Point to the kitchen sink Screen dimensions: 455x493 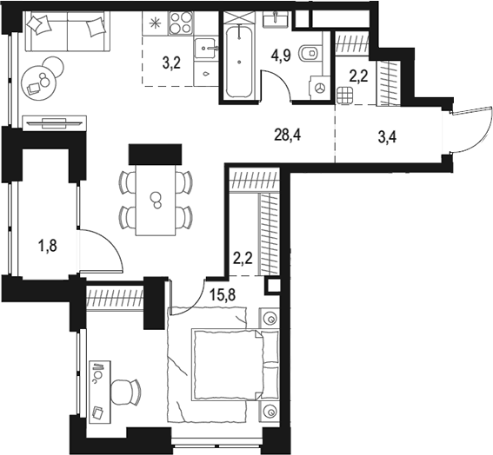point(206,48)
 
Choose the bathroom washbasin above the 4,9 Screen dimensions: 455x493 point(279,20)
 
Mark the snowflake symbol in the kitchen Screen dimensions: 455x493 point(157,22)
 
